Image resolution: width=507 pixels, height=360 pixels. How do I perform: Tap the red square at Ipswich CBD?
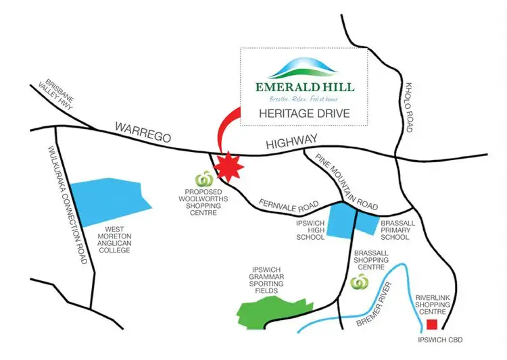coord(431,324)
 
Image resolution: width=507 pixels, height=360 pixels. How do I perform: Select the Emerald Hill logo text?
coord(305,87)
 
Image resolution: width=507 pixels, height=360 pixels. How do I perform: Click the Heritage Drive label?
coord(304,113)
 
